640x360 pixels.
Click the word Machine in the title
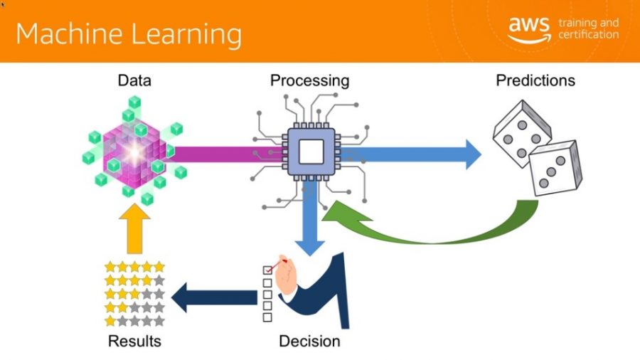click(69, 33)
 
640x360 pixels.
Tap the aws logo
click(529, 29)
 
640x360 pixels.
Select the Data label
click(134, 80)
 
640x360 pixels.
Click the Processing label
click(310, 81)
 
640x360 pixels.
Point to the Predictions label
click(535, 80)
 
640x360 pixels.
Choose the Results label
click(134, 342)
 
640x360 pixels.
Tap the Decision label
click(310, 342)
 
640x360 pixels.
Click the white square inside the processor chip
click(311, 152)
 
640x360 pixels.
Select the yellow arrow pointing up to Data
click(134, 229)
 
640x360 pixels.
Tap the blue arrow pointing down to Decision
click(310, 218)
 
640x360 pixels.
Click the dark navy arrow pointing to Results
click(215, 297)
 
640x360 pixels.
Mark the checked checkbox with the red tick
click(268, 270)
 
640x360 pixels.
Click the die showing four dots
click(522, 134)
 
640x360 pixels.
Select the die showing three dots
click(556, 168)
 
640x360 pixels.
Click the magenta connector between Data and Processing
click(228, 154)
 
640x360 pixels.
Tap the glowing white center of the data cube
click(134, 154)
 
